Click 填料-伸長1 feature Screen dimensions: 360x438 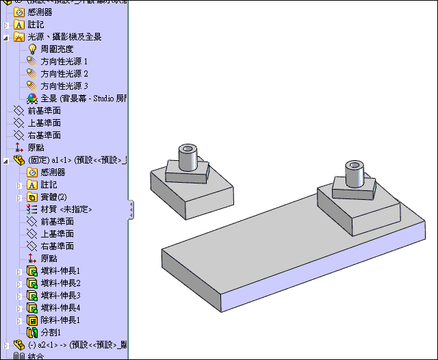coord(60,271)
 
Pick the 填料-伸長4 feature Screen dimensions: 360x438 coord(60,308)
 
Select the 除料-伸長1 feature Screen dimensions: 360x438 coord(60,320)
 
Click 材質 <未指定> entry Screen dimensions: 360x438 coord(65,209)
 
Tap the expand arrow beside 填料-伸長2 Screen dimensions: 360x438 coord(19,283)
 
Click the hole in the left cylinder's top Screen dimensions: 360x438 coord(188,148)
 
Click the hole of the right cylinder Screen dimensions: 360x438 coord(354,165)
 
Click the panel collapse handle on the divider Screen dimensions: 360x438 coord(131,210)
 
